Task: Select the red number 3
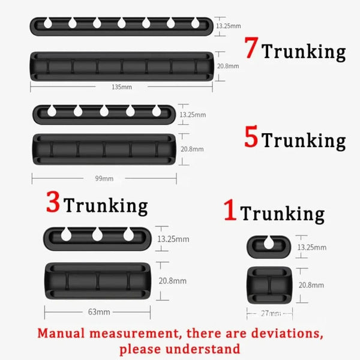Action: (x=53, y=203)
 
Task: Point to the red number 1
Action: (x=230, y=211)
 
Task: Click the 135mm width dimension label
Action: (x=122, y=87)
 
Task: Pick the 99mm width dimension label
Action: (x=104, y=178)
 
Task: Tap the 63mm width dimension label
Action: (x=95, y=312)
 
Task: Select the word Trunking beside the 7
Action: (x=304, y=52)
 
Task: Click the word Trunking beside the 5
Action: (x=304, y=141)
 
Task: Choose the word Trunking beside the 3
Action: (x=106, y=206)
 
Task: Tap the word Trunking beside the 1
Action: (x=282, y=214)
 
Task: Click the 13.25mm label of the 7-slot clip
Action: (x=227, y=26)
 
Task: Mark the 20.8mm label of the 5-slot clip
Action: (x=192, y=149)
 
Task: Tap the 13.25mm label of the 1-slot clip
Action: (x=313, y=247)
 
